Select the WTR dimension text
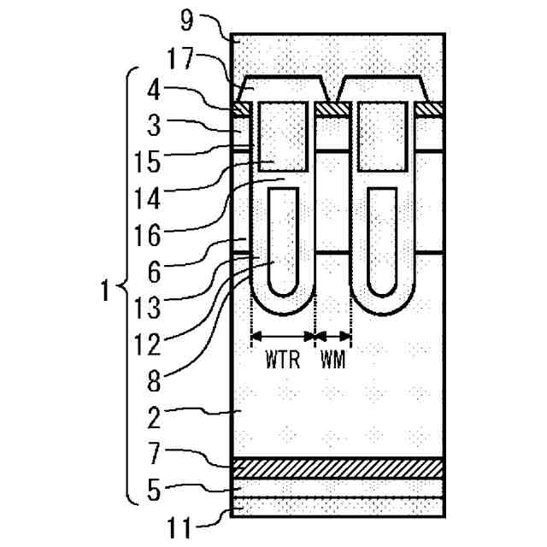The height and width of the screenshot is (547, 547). click(282, 360)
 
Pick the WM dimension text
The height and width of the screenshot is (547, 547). click(333, 360)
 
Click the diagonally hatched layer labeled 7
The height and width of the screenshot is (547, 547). click(337, 468)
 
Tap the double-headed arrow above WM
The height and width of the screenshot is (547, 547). click(333, 335)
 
